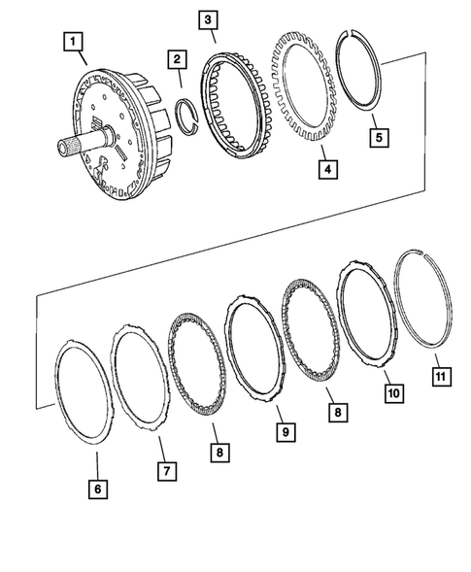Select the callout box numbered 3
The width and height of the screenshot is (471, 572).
(207, 18)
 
